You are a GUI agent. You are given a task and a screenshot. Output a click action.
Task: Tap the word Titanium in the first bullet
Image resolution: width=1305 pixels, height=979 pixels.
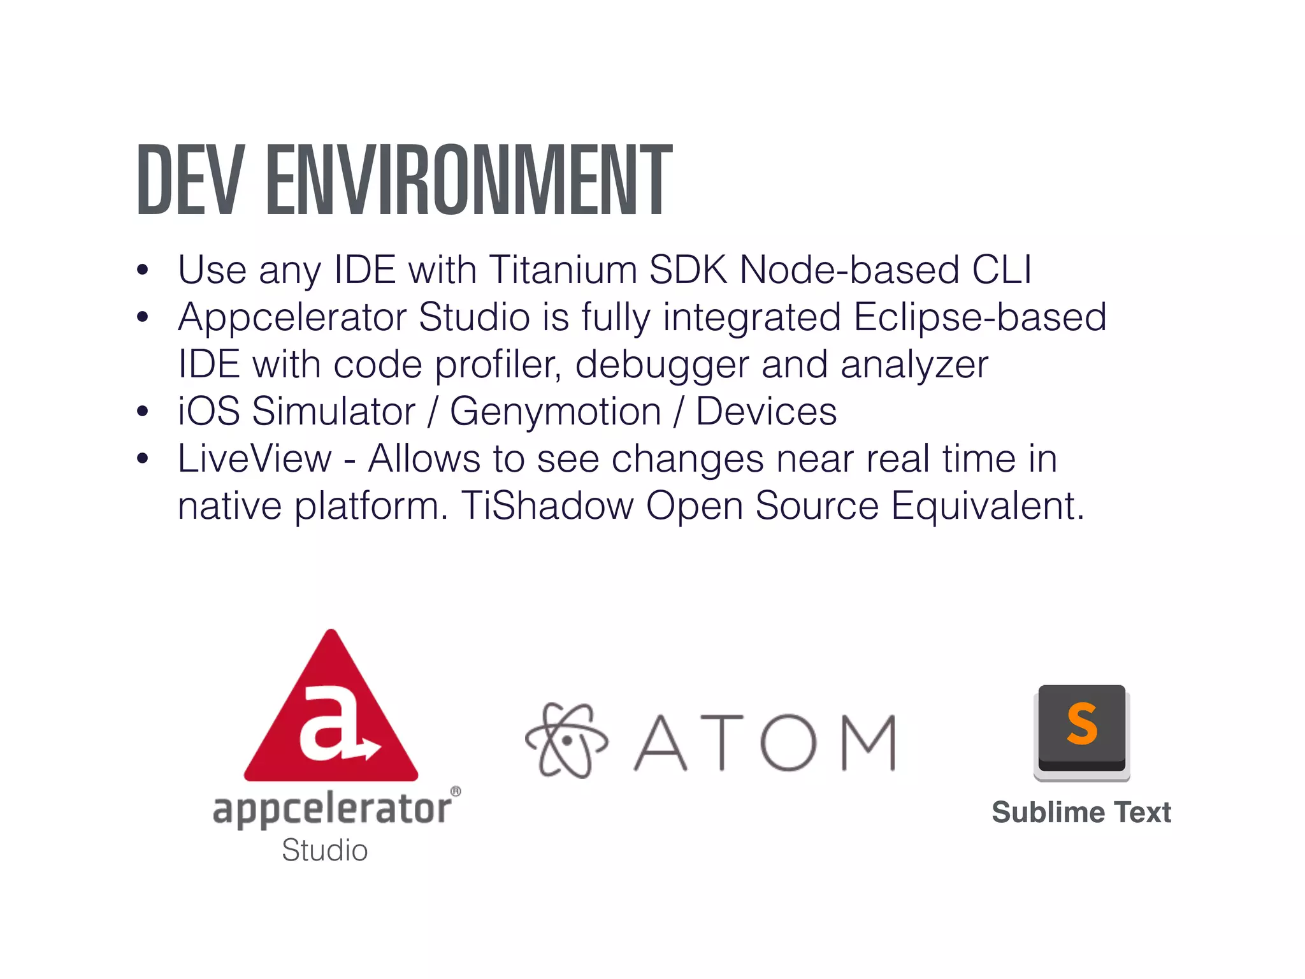563,270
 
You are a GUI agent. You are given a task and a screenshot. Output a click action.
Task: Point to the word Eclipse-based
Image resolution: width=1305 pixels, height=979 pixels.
979,317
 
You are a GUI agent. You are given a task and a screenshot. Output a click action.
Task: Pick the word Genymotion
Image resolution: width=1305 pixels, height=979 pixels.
556,412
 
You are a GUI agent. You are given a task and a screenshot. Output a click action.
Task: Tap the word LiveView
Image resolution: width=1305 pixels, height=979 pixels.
255,459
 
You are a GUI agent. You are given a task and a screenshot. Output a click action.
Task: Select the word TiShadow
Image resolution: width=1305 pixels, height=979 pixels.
547,506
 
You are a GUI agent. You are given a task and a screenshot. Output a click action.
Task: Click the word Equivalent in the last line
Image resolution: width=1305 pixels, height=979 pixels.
987,506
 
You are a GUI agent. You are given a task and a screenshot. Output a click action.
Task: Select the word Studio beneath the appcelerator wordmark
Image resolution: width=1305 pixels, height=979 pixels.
325,850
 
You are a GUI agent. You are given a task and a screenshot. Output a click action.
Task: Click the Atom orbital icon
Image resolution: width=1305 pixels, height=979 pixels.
566,741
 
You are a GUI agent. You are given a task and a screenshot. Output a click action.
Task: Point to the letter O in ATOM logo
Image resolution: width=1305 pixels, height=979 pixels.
788,743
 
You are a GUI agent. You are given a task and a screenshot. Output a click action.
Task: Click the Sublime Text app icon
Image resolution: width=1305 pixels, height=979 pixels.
1081,732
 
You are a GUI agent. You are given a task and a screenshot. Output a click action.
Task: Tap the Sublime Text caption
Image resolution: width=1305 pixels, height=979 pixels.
1081,813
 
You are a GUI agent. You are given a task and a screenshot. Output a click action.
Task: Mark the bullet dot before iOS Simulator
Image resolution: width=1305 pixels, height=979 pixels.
143,412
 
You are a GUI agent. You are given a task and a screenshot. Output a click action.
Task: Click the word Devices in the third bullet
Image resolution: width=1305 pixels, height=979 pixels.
766,412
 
